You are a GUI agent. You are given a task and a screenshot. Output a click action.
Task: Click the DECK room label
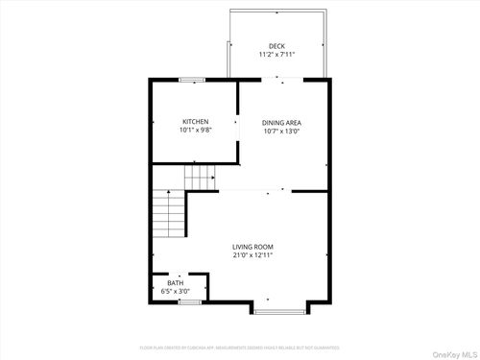tap(276, 46)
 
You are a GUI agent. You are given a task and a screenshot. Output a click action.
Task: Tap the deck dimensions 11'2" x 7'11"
tap(276, 55)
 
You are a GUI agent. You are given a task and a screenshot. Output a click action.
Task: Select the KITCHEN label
tap(196, 122)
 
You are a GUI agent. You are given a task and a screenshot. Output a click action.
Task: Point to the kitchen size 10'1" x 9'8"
tap(196, 131)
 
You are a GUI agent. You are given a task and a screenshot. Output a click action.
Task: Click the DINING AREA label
tap(281, 123)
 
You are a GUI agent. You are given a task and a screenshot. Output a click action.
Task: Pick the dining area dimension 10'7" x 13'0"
tap(281, 132)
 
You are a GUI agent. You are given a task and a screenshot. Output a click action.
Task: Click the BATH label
tap(176, 283)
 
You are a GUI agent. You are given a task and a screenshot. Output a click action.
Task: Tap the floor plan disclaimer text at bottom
tap(239, 347)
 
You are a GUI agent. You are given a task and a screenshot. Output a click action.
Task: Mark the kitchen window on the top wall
tap(192, 79)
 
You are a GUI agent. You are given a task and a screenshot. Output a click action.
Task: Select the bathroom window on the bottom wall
tap(190, 302)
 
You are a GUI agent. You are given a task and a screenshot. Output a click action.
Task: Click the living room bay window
tap(279, 311)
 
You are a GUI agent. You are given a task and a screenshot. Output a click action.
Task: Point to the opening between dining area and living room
tap(254, 191)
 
